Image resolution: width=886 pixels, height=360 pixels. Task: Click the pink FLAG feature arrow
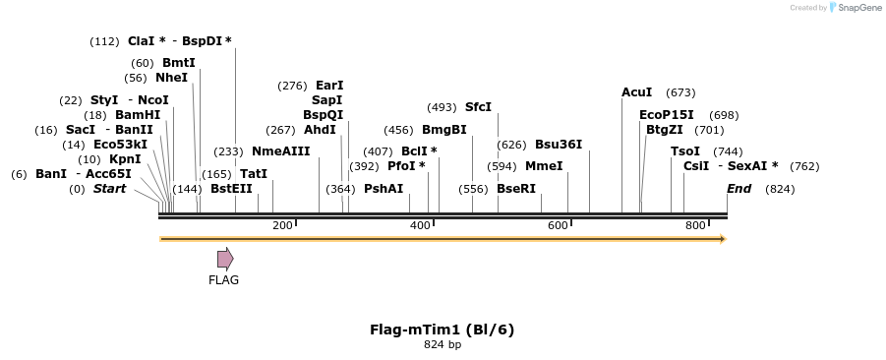tap(225, 259)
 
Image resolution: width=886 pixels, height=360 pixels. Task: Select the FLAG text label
tap(223, 280)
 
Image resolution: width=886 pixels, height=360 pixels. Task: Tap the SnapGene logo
tap(853, 8)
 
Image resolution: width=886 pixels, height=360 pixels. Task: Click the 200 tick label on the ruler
tap(282, 226)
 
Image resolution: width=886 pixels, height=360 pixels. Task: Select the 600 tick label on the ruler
tap(558, 226)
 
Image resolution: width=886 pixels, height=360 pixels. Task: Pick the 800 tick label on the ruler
tap(695, 226)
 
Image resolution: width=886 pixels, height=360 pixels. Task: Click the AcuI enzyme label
tap(636, 92)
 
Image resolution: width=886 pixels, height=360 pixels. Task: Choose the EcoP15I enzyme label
tap(666, 115)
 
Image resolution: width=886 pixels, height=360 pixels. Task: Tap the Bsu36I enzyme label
tap(559, 145)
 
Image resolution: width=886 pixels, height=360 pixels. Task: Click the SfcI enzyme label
tap(478, 107)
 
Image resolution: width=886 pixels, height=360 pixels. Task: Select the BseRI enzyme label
tap(516, 189)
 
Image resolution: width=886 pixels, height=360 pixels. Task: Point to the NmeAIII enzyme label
tap(280, 151)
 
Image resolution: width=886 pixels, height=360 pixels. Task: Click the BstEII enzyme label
tap(231, 189)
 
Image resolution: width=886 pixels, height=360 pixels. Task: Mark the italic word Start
tap(109, 189)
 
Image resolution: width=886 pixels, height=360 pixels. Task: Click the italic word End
tap(738, 189)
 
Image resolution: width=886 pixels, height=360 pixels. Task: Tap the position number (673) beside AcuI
tap(680, 92)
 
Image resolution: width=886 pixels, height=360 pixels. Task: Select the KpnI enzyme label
tap(125, 159)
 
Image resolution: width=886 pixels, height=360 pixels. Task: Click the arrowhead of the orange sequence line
tap(723, 239)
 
